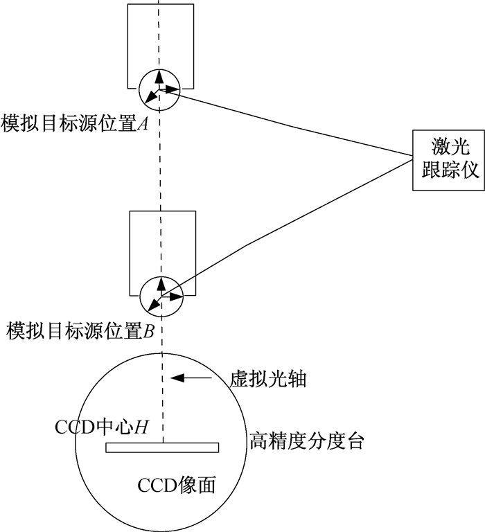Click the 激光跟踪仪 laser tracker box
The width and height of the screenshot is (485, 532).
[x=448, y=160]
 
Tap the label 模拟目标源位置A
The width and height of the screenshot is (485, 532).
[x=74, y=124]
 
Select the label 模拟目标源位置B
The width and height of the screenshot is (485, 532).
[x=80, y=331]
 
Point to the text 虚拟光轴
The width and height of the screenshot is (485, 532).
[x=268, y=379]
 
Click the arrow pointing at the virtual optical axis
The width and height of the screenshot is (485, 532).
[x=191, y=378]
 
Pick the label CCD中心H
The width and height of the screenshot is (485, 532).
[x=101, y=427]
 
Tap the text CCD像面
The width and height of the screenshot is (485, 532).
[x=177, y=485]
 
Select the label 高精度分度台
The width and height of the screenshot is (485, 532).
[x=307, y=441]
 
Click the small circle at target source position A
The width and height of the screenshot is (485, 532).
[x=139, y=90]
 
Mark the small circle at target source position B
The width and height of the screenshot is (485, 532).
[x=141, y=296]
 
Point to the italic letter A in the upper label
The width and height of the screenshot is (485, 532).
[x=143, y=125]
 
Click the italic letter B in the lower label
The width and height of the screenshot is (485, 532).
[x=149, y=332]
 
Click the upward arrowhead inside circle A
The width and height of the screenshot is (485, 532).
[x=159, y=77]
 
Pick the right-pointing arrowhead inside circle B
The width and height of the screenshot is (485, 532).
[x=177, y=296]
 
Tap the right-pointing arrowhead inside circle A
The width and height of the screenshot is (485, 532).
[x=173, y=90]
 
